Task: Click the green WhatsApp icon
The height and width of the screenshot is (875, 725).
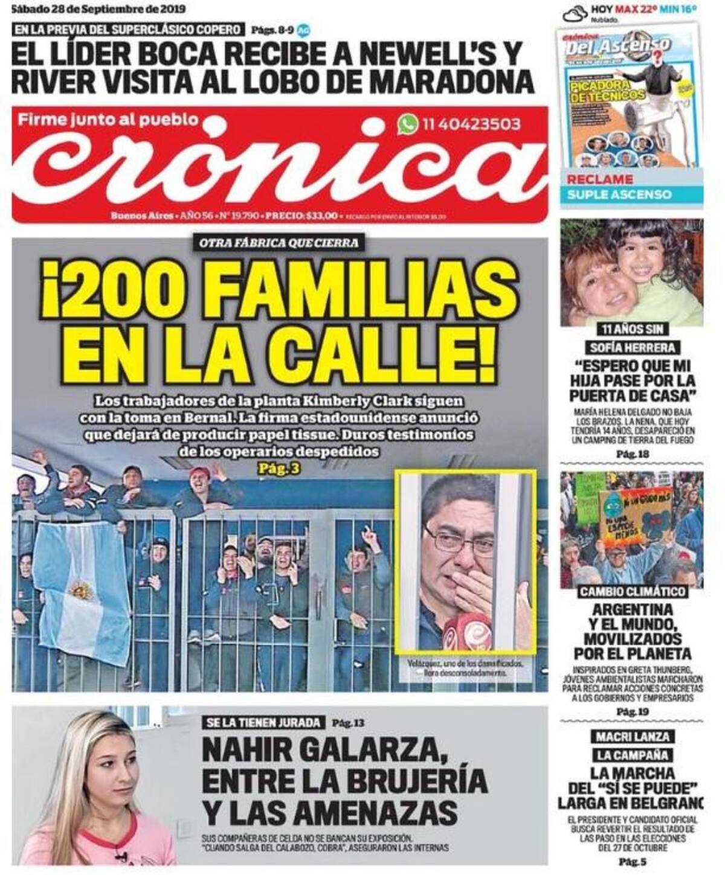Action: point(407,124)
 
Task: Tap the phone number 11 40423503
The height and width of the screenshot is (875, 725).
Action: point(472,124)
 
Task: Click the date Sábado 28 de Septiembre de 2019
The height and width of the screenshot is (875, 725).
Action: point(99,9)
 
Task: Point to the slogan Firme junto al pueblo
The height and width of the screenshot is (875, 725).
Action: point(108,120)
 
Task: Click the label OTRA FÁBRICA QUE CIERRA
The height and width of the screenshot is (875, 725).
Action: point(279,243)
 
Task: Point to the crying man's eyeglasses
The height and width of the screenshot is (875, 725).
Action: point(459,540)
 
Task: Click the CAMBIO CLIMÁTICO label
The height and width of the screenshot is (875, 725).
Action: point(633,591)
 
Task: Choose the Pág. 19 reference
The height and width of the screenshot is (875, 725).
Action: point(632,712)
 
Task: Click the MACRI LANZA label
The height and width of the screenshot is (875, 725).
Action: point(632,737)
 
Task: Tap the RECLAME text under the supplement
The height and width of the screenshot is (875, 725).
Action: point(599,179)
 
